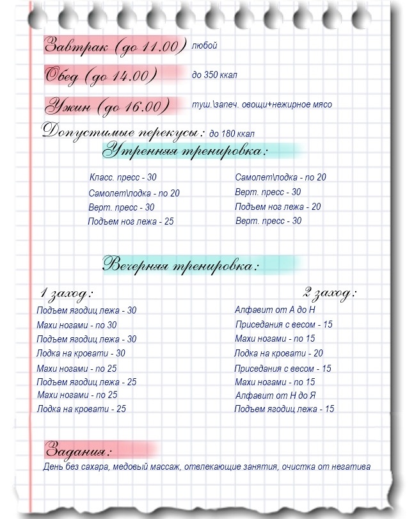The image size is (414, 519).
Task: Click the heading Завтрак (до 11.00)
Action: [115, 46]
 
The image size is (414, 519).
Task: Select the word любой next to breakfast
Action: [204, 45]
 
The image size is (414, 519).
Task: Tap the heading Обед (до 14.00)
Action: [101, 76]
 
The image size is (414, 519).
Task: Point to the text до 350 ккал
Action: [214, 76]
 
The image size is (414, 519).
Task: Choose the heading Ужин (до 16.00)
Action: [107, 106]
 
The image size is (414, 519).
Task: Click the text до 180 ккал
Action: [232, 134]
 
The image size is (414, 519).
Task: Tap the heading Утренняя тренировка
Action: [186, 152]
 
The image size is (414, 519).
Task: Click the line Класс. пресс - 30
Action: [123, 177]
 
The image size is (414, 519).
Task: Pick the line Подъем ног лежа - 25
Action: [131, 221]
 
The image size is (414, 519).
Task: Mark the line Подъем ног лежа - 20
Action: [278, 207]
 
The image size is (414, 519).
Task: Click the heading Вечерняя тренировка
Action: [182, 264]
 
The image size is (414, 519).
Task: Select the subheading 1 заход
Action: [67, 294]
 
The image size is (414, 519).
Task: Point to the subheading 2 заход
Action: [330, 293]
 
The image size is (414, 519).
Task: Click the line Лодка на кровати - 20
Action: [278, 353]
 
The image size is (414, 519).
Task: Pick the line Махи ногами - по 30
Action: [77, 325]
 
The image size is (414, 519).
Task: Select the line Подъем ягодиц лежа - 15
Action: [284, 409]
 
